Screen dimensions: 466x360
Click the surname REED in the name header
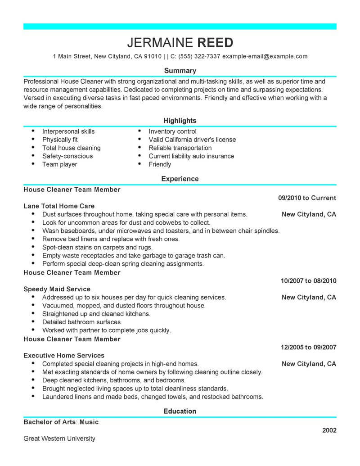pos(216,43)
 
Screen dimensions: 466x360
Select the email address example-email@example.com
pos(265,56)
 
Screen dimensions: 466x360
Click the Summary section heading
pos(180,71)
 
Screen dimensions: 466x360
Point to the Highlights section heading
pos(180,121)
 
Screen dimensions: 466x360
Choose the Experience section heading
pos(180,179)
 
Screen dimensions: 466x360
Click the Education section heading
pos(180,411)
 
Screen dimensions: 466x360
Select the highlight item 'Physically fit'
pos(60,140)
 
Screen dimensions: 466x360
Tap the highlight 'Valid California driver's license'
pos(192,140)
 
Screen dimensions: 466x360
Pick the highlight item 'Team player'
pos(59,164)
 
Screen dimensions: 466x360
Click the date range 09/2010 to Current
pos(307,198)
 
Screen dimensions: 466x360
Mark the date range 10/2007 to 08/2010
pos(308,281)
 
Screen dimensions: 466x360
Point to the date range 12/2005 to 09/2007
pos(308,347)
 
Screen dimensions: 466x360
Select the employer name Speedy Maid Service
pos(57,289)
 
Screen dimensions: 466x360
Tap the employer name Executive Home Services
pos(64,355)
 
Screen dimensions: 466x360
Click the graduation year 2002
pos(329,430)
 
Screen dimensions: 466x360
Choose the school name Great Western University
pos(59,439)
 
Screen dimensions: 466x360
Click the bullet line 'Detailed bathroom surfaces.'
pos(82,322)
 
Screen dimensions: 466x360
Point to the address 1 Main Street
pos(72,56)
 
